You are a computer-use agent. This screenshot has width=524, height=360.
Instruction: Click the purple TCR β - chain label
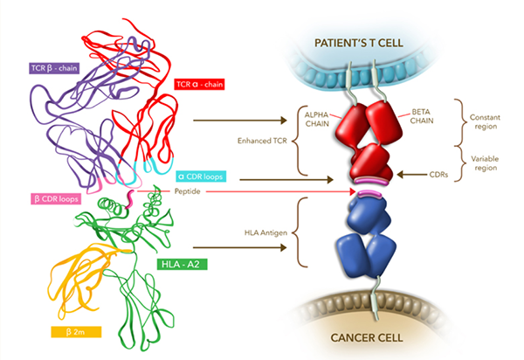click(x=54, y=68)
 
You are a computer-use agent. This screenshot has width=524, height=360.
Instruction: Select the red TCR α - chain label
click(x=199, y=84)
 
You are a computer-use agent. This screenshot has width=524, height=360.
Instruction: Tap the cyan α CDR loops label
click(x=201, y=177)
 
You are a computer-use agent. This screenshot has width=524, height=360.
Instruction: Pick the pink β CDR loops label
click(x=56, y=199)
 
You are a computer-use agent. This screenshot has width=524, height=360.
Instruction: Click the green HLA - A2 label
click(x=182, y=265)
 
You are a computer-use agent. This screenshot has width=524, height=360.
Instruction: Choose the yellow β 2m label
click(x=76, y=332)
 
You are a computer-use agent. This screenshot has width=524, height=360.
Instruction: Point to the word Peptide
click(x=188, y=191)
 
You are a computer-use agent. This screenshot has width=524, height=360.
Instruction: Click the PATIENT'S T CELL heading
click(x=359, y=43)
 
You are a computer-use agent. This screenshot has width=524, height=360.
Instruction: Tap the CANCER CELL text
click(x=367, y=337)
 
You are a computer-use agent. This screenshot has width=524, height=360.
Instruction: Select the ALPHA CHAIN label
click(x=317, y=120)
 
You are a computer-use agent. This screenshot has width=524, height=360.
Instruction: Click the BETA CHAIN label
click(x=422, y=116)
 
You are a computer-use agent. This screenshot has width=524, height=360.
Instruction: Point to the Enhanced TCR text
click(x=262, y=141)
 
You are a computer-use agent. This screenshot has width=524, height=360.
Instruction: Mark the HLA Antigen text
click(x=265, y=232)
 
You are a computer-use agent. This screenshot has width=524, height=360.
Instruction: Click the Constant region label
click(x=485, y=121)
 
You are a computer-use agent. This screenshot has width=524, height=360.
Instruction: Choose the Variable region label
click(x=485, y=163)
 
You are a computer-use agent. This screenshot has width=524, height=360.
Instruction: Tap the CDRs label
click(x=438, y=175)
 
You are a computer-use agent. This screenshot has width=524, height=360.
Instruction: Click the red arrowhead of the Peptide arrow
click(x=352, y=191)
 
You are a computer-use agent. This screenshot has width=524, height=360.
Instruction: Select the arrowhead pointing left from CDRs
click(x=400, y=174)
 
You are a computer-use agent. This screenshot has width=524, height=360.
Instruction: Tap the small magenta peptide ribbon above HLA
click(x=130, y=199)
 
